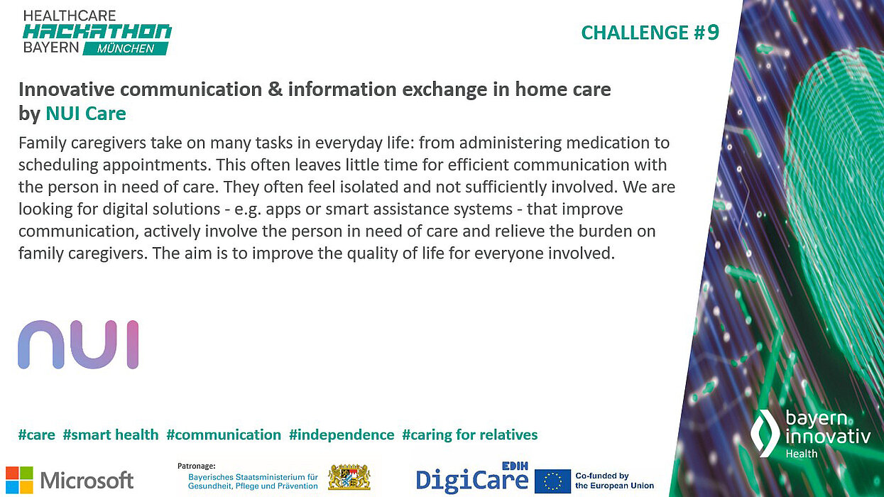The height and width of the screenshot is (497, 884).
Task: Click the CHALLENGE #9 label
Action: click(650, 33)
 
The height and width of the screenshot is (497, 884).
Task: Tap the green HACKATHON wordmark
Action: click(97, 32)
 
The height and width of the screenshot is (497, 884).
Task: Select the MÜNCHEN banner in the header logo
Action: click(127, 48)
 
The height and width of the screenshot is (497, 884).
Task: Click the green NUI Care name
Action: click(86, 113)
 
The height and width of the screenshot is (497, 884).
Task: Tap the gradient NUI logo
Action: click(78, 344)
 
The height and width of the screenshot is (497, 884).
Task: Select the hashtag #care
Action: click(37, 435)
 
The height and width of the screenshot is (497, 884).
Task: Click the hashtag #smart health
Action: click(111, 435)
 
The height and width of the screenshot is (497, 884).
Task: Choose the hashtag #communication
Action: click(224, 435)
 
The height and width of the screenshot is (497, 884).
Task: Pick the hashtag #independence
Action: click(342, 435)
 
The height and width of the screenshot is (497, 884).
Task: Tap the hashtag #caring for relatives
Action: click(470, 435)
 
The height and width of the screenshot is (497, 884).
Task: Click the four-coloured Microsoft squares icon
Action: click(19, 479)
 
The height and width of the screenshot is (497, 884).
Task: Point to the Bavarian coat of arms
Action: click(349, 477)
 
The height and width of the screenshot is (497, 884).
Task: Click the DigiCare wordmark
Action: click(471, 480)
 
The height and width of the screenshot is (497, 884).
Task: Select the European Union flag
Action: click(552, 481)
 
